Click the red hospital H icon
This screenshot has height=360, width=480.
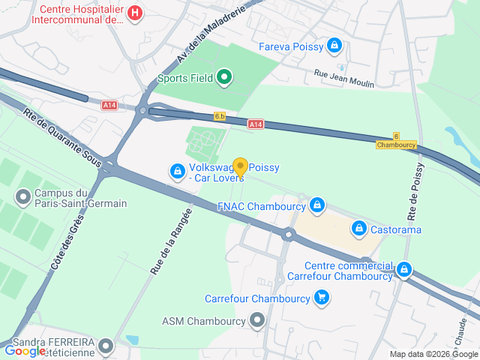[x=134, y=13]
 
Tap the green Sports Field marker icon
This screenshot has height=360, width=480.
[x=223, y=77]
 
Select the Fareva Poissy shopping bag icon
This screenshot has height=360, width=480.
[x=335, y=46]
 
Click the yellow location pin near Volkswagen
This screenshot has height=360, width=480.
[x=240, y=167]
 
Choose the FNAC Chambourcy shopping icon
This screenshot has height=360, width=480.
[x=317, y=205]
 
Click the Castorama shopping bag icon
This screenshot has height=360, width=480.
[x=359, y=226]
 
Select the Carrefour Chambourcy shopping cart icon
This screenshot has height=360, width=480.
[x=322, y=298]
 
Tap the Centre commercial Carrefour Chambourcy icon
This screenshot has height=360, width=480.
[x=404, y=268]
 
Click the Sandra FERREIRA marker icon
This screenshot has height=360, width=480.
[x=106, y=346]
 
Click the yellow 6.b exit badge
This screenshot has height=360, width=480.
[x=220, y=116]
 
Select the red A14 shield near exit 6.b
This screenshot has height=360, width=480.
[x=256, y=124]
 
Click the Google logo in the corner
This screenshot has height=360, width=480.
[x=25, y=350]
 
